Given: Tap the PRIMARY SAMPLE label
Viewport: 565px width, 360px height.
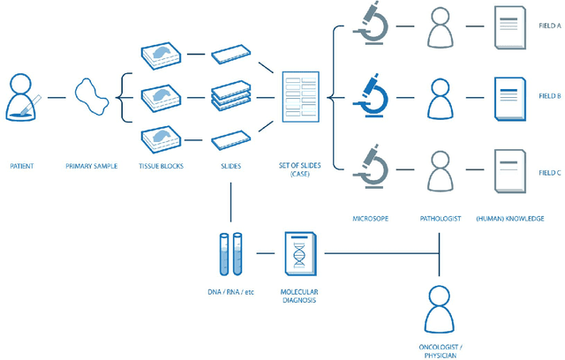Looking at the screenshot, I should pyautogui.click(x=91, y=165).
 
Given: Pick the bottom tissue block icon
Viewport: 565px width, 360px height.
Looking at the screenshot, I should pyautogui.click(x=162, y=139).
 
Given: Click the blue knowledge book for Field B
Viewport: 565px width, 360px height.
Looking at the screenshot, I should pyautogui.click(x=509, y=95).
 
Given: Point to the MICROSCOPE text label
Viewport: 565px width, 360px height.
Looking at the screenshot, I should pyautogui.click(x=368, y=218).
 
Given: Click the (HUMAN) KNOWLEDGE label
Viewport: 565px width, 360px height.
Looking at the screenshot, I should pyautogui.click(x=509, y=218).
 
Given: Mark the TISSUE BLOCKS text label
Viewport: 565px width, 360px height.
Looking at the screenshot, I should pyautogui.click(x=162, y=165).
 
